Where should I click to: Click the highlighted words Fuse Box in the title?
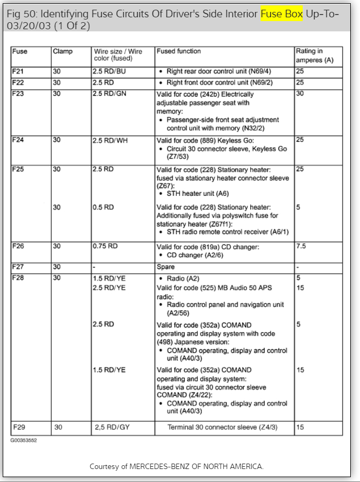click(282, 13)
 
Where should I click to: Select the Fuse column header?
click(20, 51)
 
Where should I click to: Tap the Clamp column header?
click(62, 51)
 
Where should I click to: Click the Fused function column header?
click(178, 51)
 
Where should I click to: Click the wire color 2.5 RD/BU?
click(110, 71)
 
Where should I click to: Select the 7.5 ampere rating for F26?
click(301, 246)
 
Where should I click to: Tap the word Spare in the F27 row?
click(166, 267)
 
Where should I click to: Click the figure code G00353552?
click(23, 440)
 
